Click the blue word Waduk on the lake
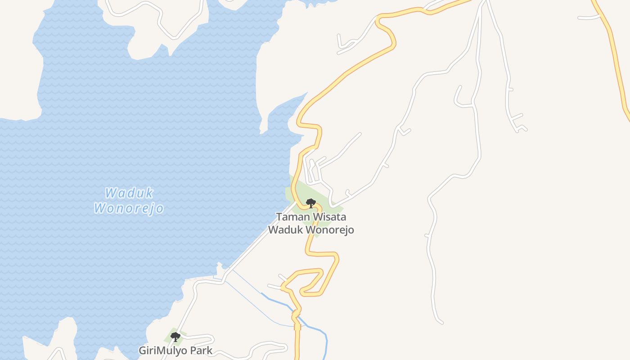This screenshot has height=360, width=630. point(129,193)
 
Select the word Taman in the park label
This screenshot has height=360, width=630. point(293,217)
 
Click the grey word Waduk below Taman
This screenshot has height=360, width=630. point(285,230)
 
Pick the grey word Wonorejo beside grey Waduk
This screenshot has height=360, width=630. point(329,230)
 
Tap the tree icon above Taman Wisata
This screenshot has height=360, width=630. point(310,203)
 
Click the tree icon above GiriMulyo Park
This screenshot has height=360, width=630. point(175,337)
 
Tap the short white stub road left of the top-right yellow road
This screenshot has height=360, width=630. point(589,18)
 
